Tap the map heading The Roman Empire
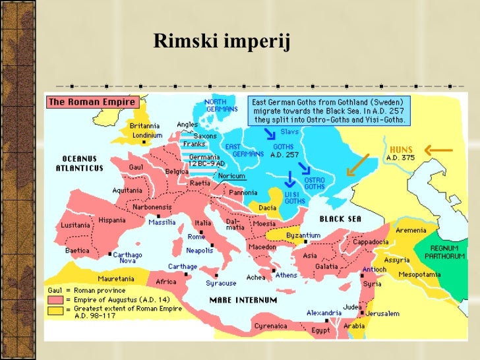(x=92, y=102)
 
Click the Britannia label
(x=144, y=126)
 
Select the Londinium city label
(x=147, y=135)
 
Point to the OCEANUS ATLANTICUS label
(x=80, y=164)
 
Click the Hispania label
(x=112, y=220)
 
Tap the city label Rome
(x=196, y=236)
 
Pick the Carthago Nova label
(x=127, y=258)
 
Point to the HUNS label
(x=402, y=150)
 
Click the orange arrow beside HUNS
(x=438, y=151)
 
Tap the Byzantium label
(x=303, y=235)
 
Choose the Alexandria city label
(x=324, y=312)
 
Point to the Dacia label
(x=266, y=207)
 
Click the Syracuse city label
(x=221, y=283)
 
